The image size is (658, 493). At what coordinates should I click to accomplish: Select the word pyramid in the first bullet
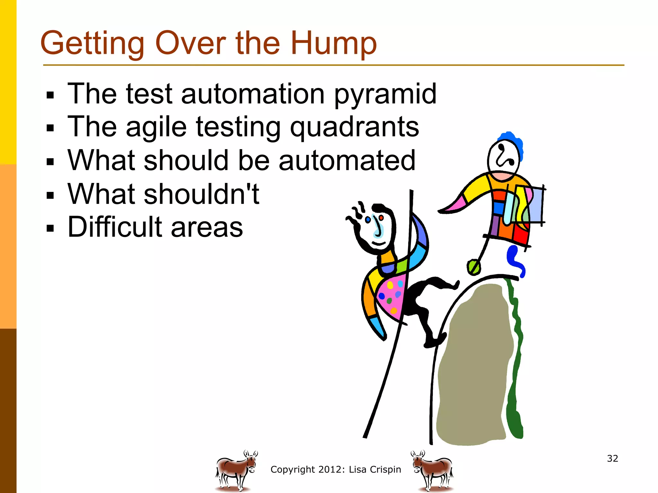pos(385,94)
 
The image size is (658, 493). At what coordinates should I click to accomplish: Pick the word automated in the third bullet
pos(347,160)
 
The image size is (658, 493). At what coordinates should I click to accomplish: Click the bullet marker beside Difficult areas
pos(50,228)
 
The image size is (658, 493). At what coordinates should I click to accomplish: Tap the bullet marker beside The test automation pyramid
pos(50,95)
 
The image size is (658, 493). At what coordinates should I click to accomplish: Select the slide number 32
pos(612,458)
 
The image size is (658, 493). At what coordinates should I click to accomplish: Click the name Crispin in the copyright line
pos(385,470)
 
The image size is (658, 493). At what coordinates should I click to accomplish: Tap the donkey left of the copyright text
pos(236,471)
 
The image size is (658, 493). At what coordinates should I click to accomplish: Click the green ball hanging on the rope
pos(474,267)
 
